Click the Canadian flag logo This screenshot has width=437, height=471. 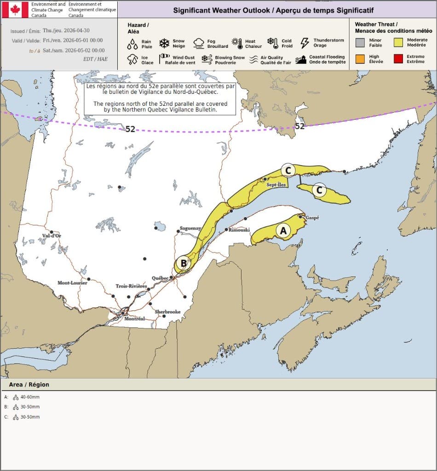click(15, 10)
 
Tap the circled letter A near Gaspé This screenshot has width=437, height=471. click(283, 230)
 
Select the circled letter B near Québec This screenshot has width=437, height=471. click(184, 263)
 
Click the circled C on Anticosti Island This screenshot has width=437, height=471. click(319, 190)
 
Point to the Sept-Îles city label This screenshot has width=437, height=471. click(276, 185)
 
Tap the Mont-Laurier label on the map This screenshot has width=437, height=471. click(72, 283)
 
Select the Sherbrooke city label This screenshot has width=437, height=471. click(167, 312)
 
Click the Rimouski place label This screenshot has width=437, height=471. click(239, 230)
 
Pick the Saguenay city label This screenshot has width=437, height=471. click(190, 228)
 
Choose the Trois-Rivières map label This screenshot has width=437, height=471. click(131, 286)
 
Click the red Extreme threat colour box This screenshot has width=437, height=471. click(399, 59)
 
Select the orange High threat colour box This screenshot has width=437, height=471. click(360, 59)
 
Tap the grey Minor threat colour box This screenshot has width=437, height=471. click(360, 43)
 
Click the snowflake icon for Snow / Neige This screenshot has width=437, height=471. click(164, 44)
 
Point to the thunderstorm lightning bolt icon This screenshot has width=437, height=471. click(305, 43)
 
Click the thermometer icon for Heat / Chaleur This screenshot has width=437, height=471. click(237, 44)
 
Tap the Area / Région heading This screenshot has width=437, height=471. click(29, 385)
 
